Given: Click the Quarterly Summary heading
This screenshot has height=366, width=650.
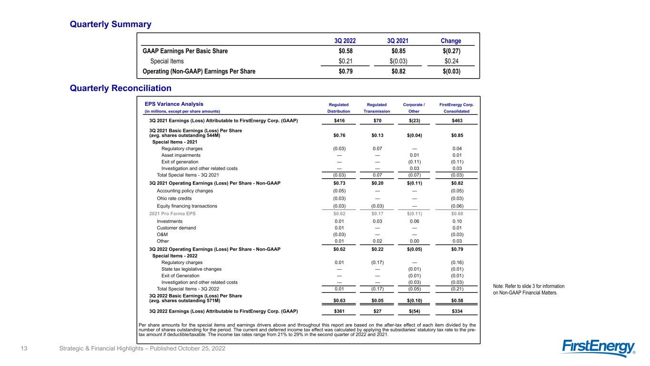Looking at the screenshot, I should coord(110,24).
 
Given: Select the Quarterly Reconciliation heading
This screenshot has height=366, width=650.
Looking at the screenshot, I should coord(120,88).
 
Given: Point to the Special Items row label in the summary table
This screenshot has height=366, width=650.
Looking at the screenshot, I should coord(167,61).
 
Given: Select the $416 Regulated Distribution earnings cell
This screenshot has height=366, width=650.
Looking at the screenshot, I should coord(339,121).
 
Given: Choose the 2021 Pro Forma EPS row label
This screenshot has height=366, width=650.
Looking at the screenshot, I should coord(172,213).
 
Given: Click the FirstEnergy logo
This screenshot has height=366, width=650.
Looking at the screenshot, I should coord(599,348).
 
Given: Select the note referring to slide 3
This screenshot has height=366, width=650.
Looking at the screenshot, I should coord(529,289).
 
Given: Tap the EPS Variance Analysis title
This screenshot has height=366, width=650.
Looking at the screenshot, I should coord(174,104).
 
